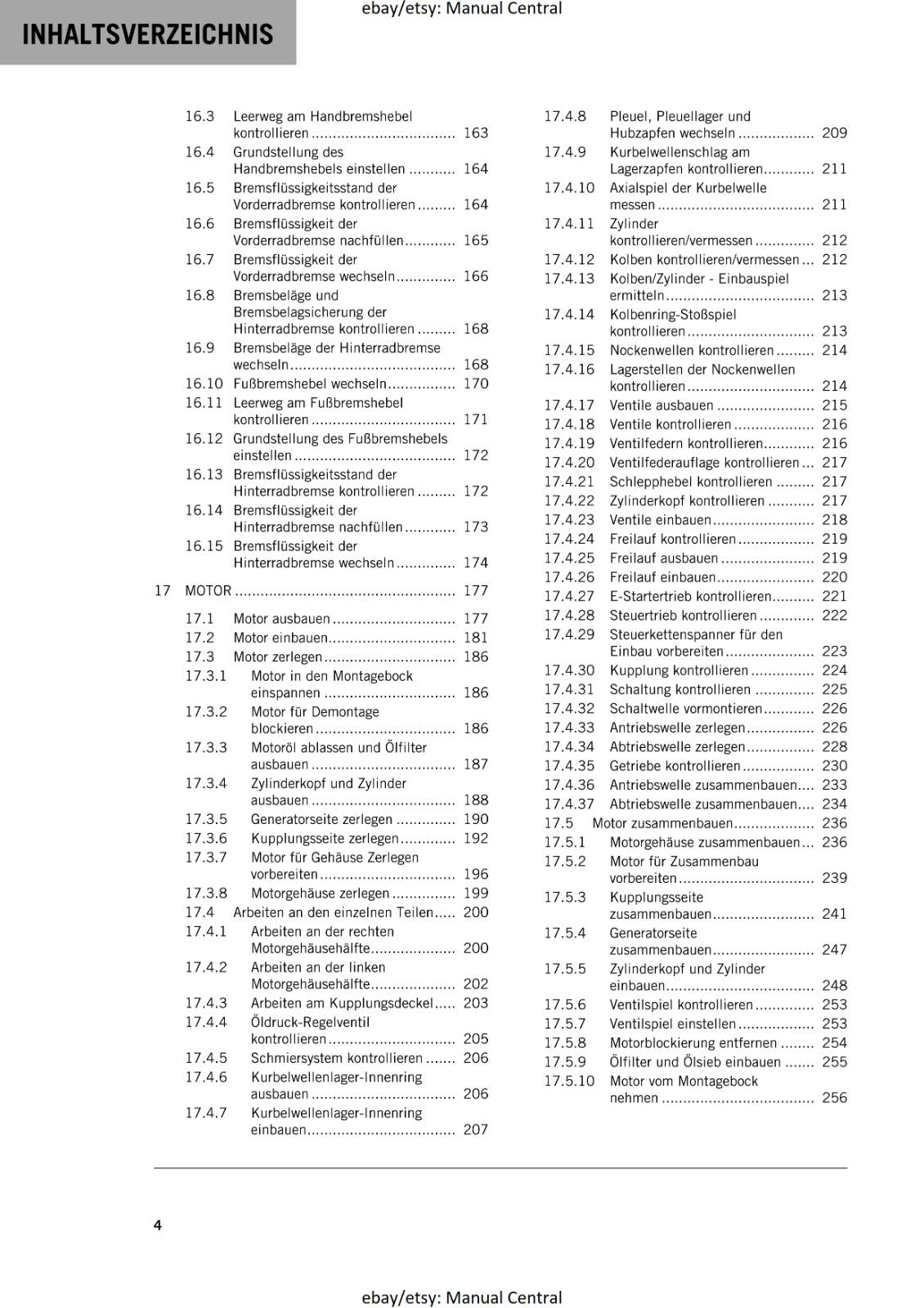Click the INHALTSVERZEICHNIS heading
pyautogui.click(x=147, y=34)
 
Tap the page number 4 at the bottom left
pyautogui.click(x=158, y=1225)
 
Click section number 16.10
pyautogui.click(x=204, y=383)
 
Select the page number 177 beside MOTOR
pyautogui.click(x=475, y=590)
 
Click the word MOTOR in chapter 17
pyautogui.click(x=208, y=590)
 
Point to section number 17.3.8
pyautogui.click(x=206, y=893)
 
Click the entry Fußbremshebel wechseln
pyautogui.click(x=310, y=383)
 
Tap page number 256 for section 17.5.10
pyautogui.click(x=834, y=1098)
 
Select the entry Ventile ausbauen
pyautogui.click(x=662, y=405)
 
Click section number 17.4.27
pyautogui.click(x=569, y=596)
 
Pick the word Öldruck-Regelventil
pyautogui.click(x=310, y=1022)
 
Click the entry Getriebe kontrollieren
pyautogui.click(x=675, y=765)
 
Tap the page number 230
pyautogui.click(x=834, y=765)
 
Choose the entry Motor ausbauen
pyautogui.click(x=281, y=618)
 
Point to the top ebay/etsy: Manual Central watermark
pyautogui.click(x=461, y=9)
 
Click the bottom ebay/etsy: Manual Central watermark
pyautogui.click(x=461, y=1297)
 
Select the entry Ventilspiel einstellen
pyautogui.click(x=672, y=1024)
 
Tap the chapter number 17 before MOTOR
pyautogui.click(x=162, y=590)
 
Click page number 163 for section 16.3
pyautogui.click(x=475, y=133)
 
